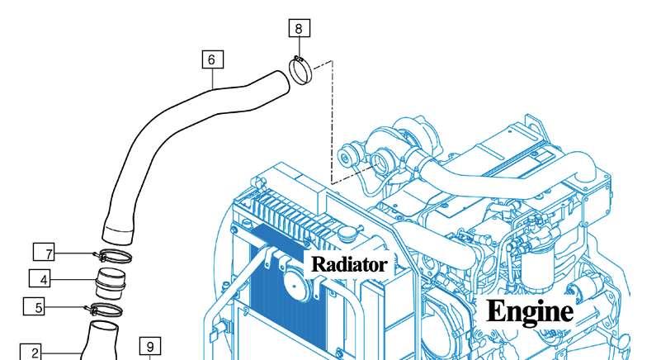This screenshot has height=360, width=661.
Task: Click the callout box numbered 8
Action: (x=300, y=28)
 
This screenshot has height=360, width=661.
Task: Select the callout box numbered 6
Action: (x=212, y=59)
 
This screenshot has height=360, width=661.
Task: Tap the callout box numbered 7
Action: (x=44, y=253)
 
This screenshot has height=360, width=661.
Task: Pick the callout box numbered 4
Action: (x=40, y=278)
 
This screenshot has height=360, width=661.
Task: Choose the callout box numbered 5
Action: (x=34, y=306)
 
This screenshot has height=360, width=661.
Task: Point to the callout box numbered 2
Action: (x=31, y=352)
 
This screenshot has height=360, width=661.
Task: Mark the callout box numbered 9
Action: (x=150, y=346)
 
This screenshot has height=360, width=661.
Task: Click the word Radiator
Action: (x=348, y=264)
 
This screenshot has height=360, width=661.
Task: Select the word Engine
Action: (x=530, y=312)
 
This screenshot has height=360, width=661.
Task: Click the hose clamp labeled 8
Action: (x=300, y=70)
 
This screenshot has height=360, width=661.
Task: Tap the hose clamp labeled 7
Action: (x=113, y=255)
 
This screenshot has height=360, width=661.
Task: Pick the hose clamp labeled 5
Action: (x=106, y=310)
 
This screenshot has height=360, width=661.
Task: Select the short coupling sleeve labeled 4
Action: (x=111, y=283)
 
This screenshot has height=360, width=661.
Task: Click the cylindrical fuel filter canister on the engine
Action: (x=537, y=269)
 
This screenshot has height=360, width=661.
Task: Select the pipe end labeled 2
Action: (x=101, y=340)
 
